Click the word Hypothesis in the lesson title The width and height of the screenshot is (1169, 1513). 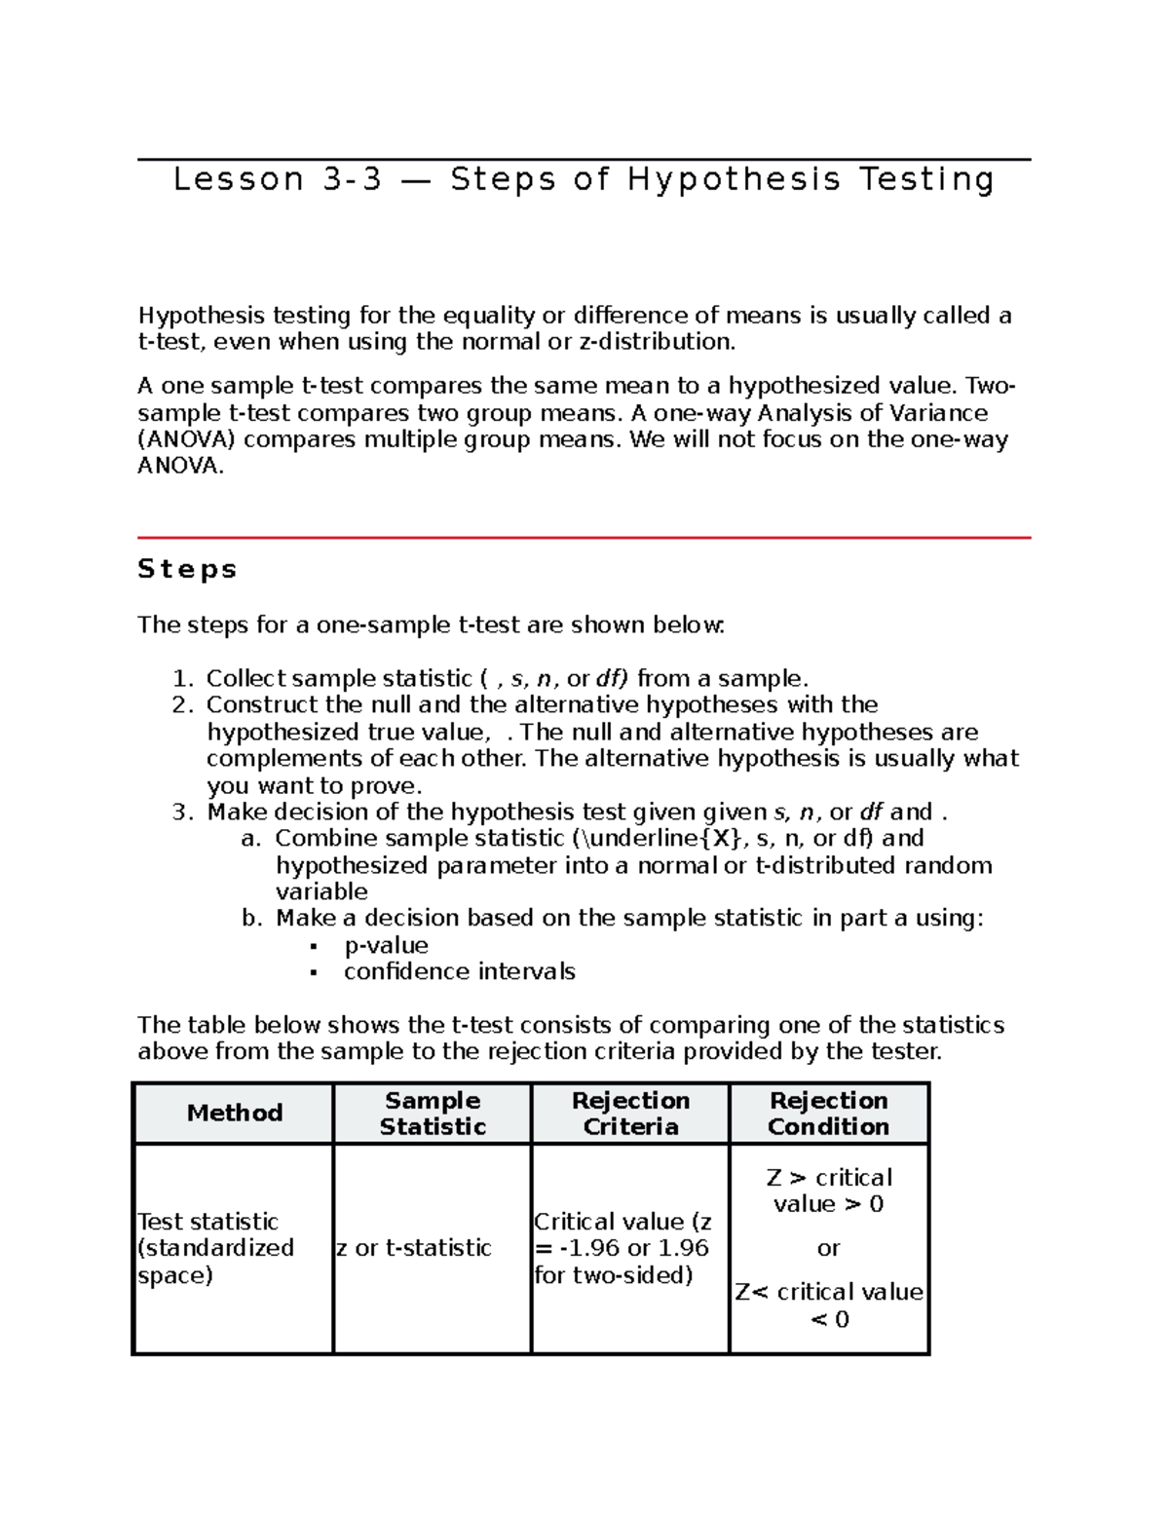(x=734, y=180)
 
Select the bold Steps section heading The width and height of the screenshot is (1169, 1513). (x=187, y=569)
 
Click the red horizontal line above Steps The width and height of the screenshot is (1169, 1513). (x=584, y=537)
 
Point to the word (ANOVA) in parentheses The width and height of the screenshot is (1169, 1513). (x=186, y=439)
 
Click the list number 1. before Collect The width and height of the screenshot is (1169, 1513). (x=183, y=679)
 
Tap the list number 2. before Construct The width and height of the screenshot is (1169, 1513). (x=183, y=705)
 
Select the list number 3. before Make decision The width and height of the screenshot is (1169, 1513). (x=183, y=813)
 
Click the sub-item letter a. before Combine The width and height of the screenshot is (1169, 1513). (x=251, y=839)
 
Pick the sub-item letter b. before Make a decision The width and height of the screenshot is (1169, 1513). (x=251, y=919)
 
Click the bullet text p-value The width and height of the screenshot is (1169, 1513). (x=386, y=946)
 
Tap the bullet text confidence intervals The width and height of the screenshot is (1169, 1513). (x=459, y=972)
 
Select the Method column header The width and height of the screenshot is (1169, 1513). (x=234, y=1113)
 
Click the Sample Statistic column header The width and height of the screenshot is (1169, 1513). (x=433, y=1113)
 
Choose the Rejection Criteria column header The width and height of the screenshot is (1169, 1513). (x=630, y=1113)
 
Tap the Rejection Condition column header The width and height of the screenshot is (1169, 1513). (x=828, y=1113)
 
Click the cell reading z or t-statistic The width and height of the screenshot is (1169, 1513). (x=414, y=1248)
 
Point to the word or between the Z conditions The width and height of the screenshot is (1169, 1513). (x=828, y=1248)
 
